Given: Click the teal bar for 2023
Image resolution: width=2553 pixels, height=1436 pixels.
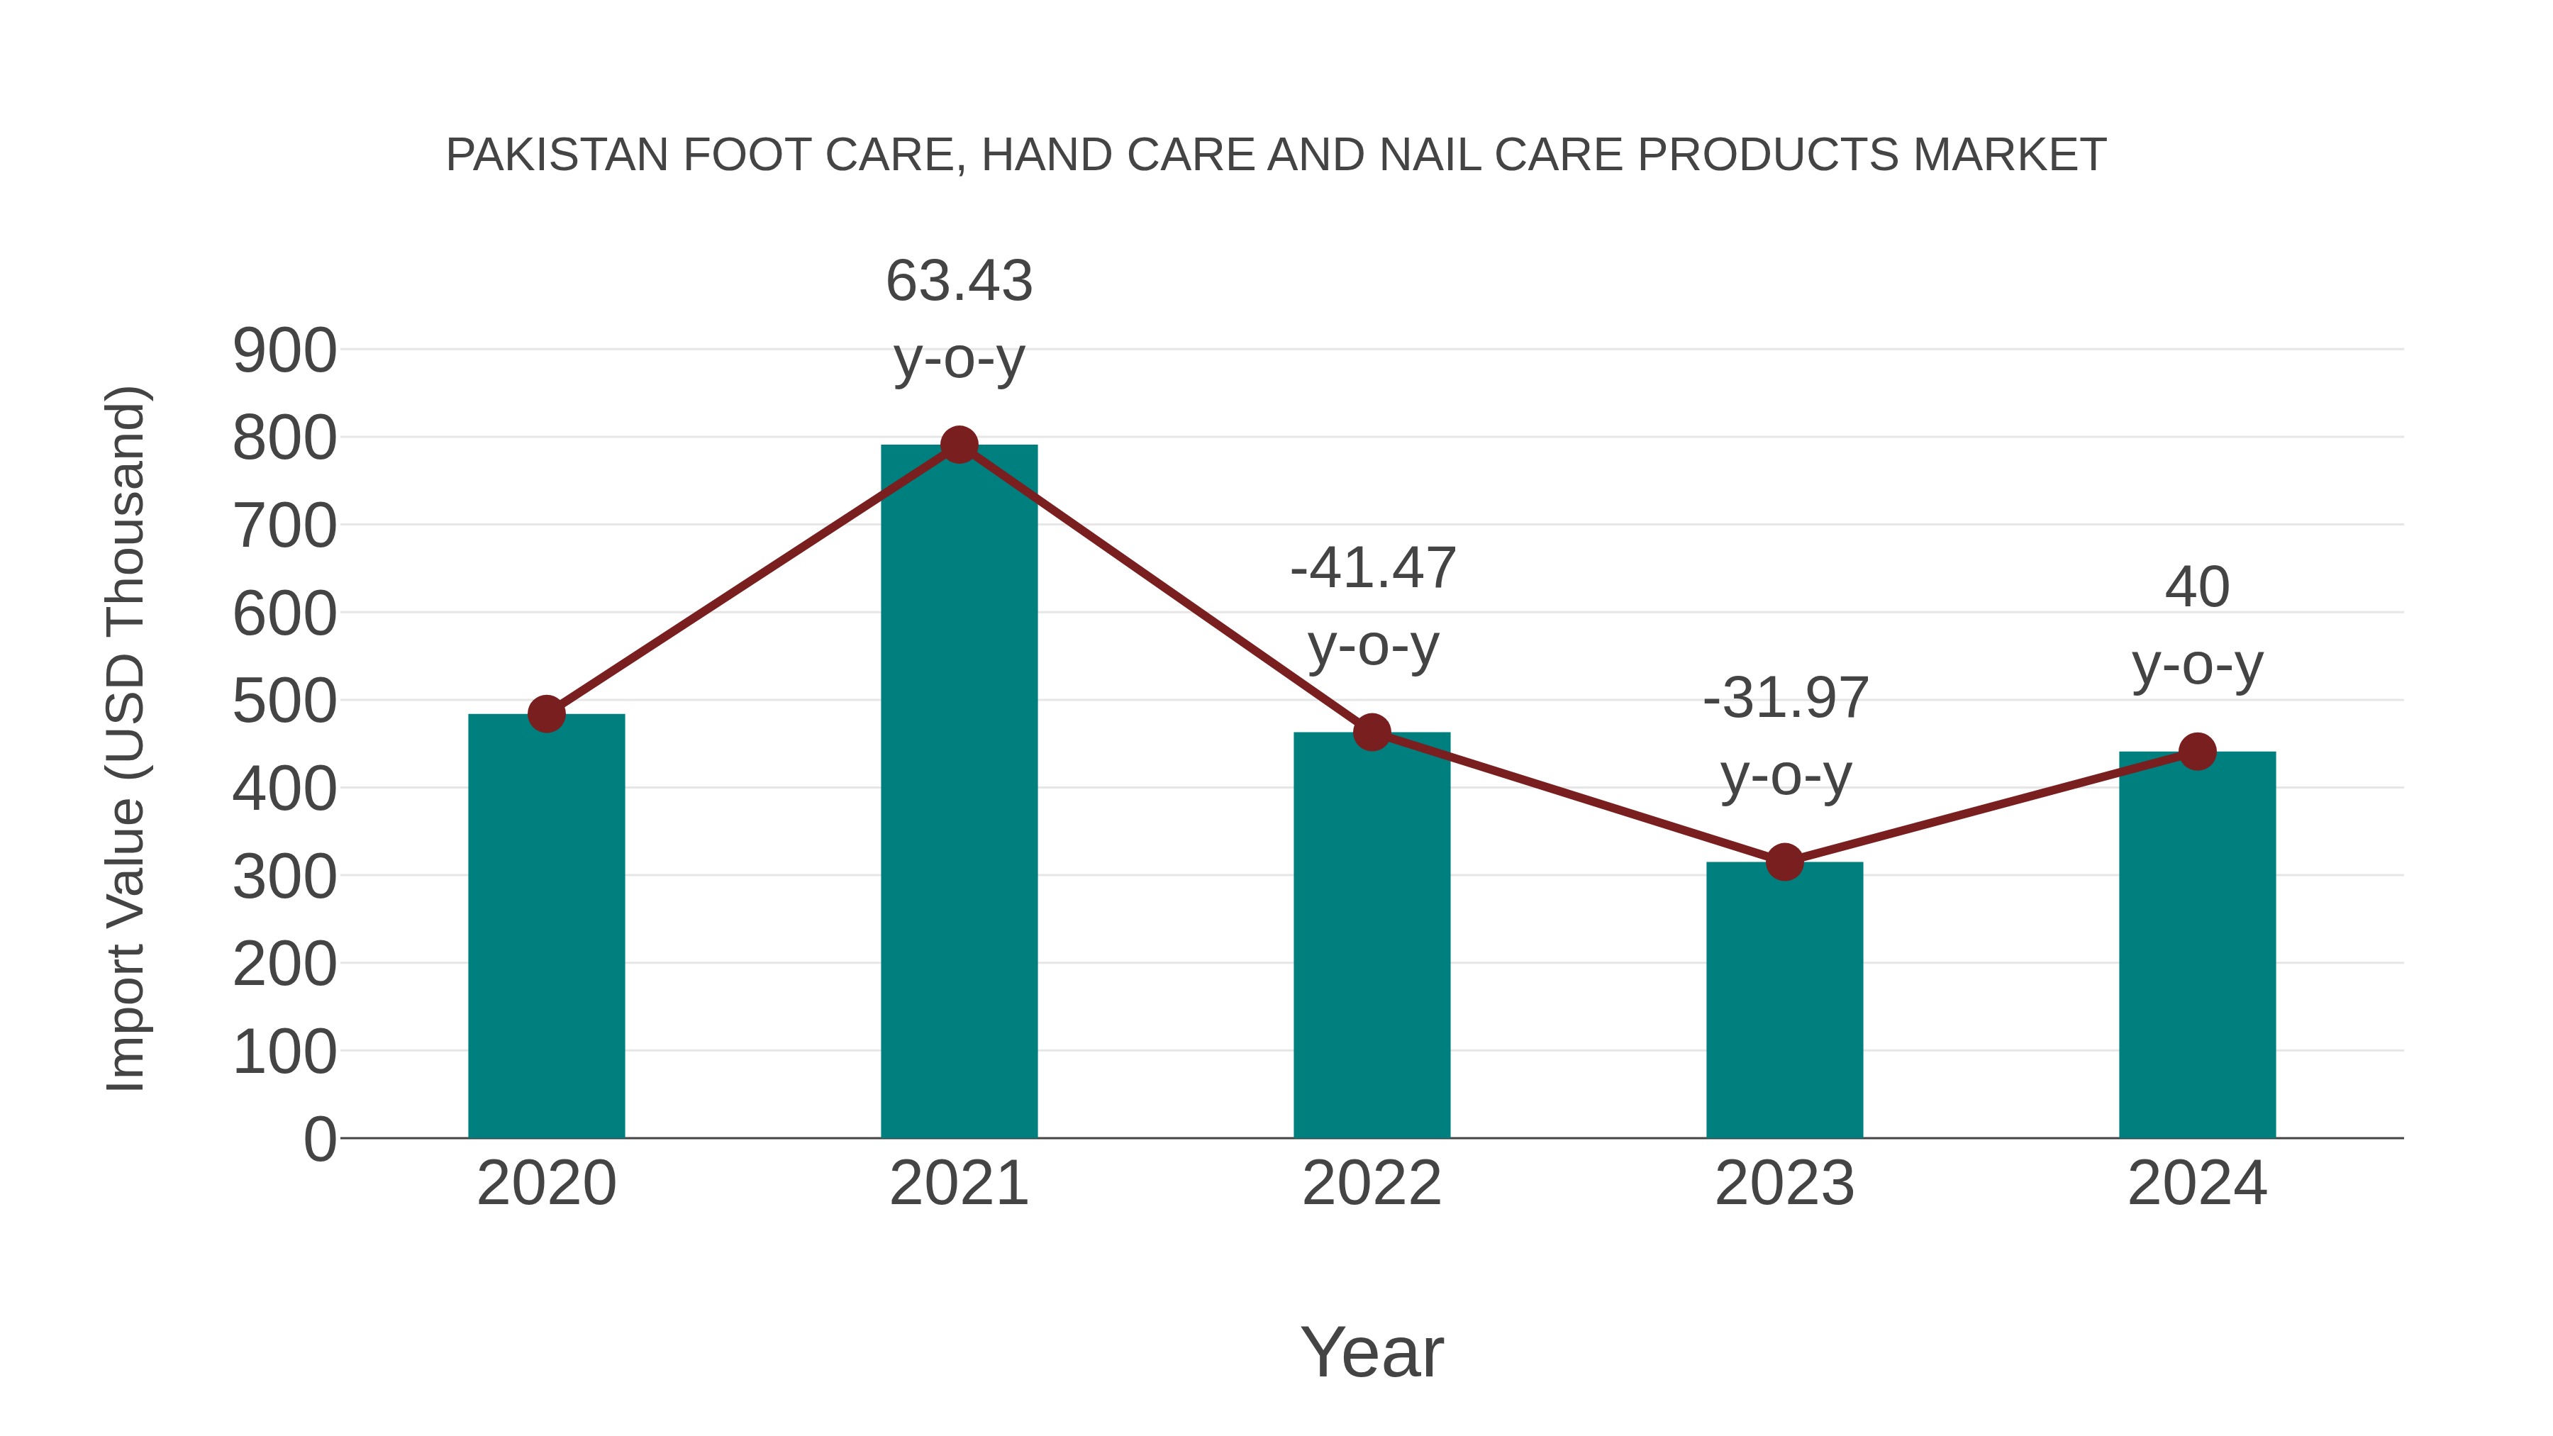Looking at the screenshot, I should pos(1784,1001).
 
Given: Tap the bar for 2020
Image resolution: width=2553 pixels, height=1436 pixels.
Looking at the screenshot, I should pos(546,927).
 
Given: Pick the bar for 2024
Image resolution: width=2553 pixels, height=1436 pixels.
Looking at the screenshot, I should pos(2196,947).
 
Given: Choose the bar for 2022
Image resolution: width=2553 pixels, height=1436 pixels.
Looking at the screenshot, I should pos(1372,937).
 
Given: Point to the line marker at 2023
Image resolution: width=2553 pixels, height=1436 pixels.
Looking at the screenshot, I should pos(1784,862).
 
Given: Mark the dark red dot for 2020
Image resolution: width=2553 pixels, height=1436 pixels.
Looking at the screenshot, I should pos(546,713).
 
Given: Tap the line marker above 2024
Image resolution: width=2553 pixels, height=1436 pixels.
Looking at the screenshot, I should pos(2197,752).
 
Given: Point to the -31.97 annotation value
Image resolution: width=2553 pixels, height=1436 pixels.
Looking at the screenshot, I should pos(1785,698).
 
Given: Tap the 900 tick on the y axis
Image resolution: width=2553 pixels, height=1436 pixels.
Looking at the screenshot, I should pos(284,351).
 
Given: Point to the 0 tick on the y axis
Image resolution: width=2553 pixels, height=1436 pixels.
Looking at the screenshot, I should pos(319,1140).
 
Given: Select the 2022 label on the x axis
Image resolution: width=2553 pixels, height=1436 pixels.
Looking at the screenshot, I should pos(1372,1184).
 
